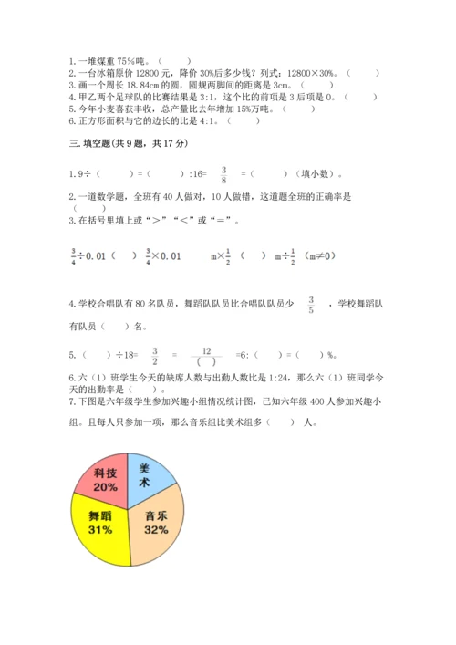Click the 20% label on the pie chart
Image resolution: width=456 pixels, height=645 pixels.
click(104, 487)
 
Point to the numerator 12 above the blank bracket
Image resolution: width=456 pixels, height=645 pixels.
click(208, 349)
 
